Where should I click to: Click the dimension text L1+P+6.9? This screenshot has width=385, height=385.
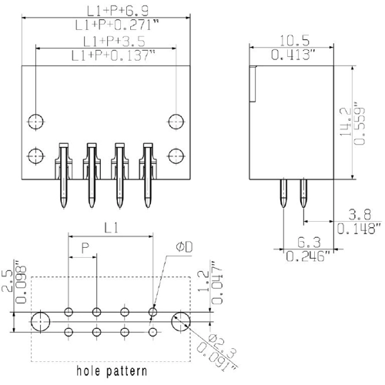pyautogui.click(x=118, y=11)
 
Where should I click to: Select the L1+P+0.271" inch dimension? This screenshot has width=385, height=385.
pyautogui.click(x=117, y=25)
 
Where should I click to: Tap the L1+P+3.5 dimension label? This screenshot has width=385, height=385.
pyautogui.click(x=114, y=41)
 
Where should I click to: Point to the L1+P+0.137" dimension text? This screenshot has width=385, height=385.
pyautogui.click(x=114, y=55)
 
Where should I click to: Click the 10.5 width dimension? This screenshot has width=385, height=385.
pyautogui.click(x=294, y=41)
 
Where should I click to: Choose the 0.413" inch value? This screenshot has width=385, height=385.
pyautogui.click(x=293, y=55)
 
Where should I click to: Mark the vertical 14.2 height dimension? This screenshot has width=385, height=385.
pyautogui.click(x=345, y=122)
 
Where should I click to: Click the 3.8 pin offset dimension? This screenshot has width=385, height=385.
pyautogui.click(x=360, y=214)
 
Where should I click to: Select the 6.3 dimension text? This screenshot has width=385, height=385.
pyautogui.click(x=309, y=243)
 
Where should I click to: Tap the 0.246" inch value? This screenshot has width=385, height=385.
pyautogui.click(x=308, y=256)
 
